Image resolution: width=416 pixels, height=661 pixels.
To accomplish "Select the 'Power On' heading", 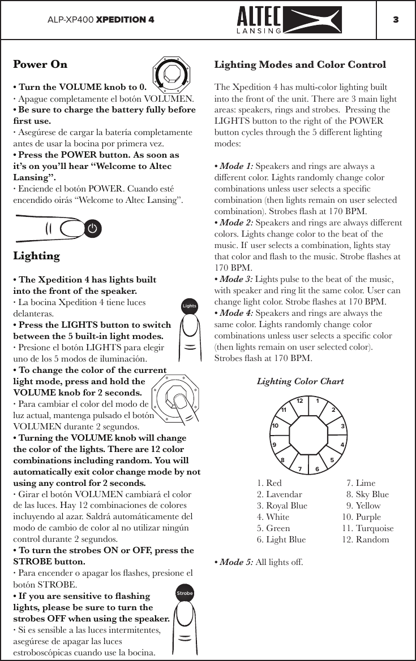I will click(x=40, y=64).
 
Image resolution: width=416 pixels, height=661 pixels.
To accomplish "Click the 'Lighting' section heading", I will click(x=36, y=256).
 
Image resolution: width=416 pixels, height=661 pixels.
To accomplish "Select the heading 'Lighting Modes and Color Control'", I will click(x=300, y=64).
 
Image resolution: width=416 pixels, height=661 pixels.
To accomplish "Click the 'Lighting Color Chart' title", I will click(x=300, y=381).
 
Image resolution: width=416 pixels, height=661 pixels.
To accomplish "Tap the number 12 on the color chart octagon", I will click(x=300, y=401).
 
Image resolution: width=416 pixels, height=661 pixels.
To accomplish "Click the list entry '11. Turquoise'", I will click(x=368, y=528).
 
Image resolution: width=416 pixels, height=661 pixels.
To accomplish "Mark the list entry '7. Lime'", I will click(x=361, y=483).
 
